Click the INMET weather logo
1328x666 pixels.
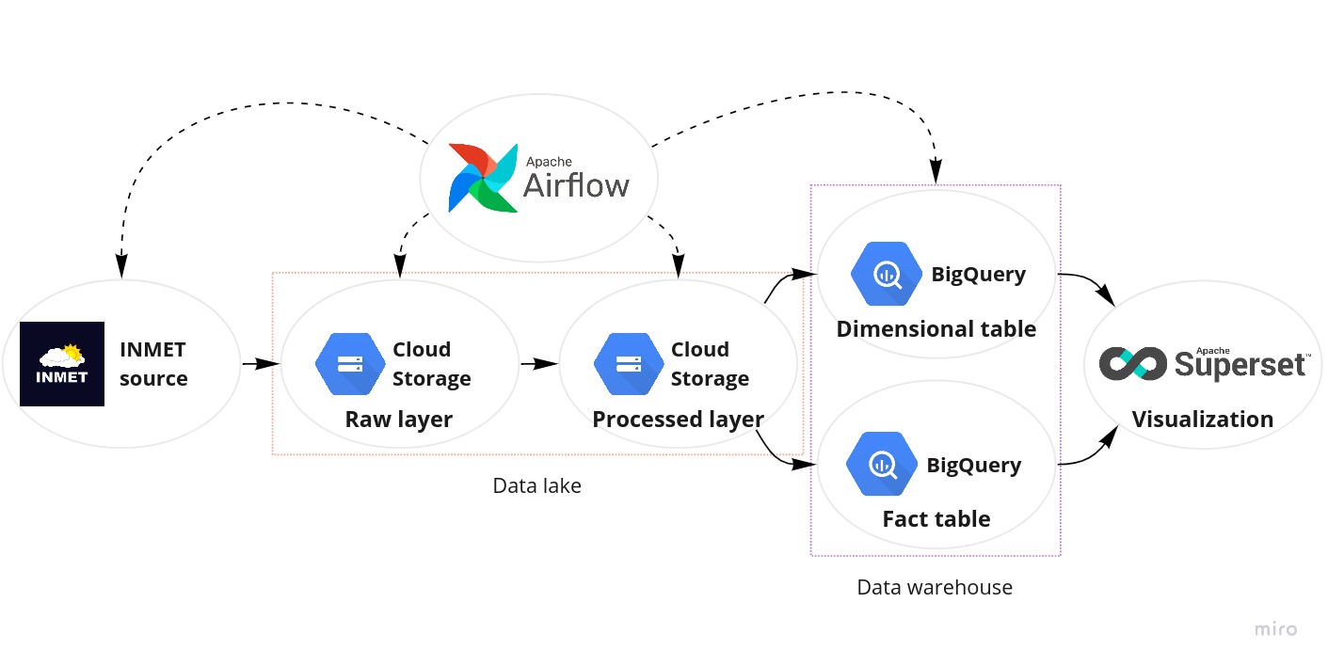point(62,364)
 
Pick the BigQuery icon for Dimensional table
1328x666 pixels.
point(885,275)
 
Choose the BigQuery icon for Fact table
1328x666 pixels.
point(881,465)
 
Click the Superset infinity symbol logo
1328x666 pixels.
point(1133,364)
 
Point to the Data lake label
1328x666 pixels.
point(536,486)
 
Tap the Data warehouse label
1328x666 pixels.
point(935,588)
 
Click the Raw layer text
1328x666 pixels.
point(399,420)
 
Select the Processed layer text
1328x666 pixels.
point(678,420)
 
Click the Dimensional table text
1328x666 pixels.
point(936,329)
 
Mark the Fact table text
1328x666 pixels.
point(936,519)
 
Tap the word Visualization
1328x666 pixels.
point(1202,420)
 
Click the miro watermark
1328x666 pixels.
point(1275,630)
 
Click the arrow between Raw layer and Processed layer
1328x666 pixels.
point(538,363)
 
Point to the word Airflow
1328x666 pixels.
point(576,185)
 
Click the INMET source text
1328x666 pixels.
point(153,364)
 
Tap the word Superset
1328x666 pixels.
point(1240,364)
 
